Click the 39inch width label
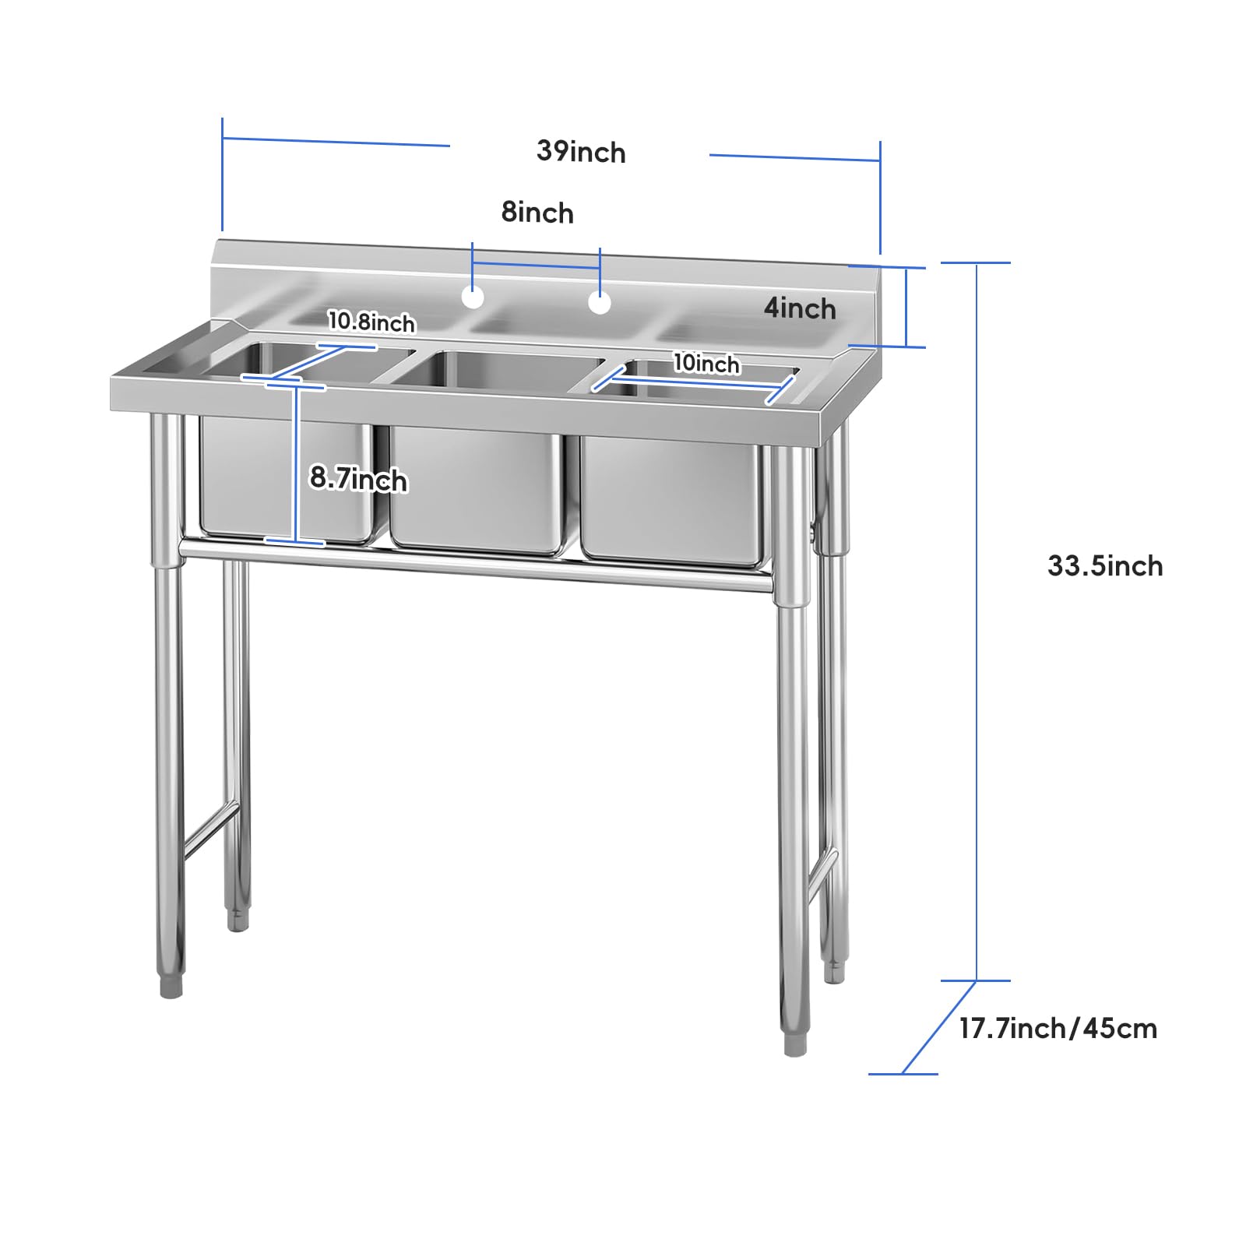(x=581, y=152)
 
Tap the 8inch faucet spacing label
(x=537, y=213)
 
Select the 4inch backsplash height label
(x=800, y=308)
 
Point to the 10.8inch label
(x=371, y=322)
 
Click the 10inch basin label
(x=706, y=363)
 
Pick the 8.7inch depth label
(x=358, y=478)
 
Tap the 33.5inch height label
(x=1105, y=566)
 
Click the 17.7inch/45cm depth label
(x=1058, y=1029)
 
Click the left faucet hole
(x=473, y=297)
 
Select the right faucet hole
(x=600, y=303)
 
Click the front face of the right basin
(x=671, y=499)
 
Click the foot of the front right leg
(x=795, y=1044)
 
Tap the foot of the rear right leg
(x=834, y=971)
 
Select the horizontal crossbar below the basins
(x=476, y=567)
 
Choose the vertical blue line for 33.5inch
(x=977, y=621)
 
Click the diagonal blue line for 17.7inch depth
(x=939, y=1028)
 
